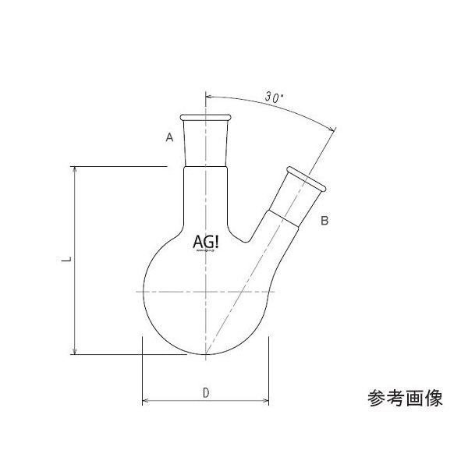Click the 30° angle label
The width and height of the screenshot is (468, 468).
(273, 98)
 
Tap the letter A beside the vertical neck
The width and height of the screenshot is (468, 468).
(168, 138)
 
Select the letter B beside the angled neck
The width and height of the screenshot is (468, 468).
(325, 222)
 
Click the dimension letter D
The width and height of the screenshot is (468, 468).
(204, 392)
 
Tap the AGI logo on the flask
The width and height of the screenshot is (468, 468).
(206, 243)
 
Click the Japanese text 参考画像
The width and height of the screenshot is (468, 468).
(404, 399)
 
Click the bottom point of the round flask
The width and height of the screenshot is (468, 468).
(206, 355)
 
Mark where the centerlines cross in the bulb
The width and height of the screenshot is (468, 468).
(206, 291)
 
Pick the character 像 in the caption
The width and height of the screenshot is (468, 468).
(433, 399)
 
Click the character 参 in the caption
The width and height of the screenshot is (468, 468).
(375, 399)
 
